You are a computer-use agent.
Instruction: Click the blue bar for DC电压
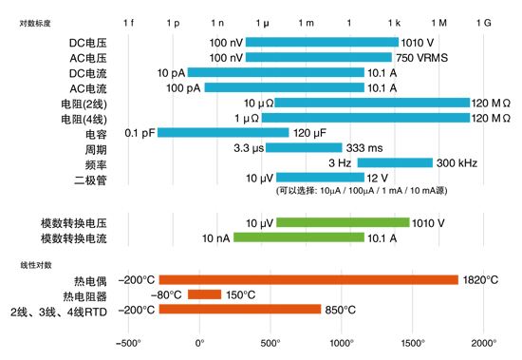coord(322,42)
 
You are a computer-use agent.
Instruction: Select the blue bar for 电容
coord(224,132)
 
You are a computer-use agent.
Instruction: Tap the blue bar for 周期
coord(304,147)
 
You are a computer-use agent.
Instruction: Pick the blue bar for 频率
coord(395,162)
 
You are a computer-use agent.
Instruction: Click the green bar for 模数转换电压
coord(343,222)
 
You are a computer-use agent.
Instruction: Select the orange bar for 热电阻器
coord(204,294)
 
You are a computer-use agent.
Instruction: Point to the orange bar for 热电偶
coord(308,279)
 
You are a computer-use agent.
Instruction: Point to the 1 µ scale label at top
coord(262,21)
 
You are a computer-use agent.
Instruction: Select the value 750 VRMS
coord(422,57)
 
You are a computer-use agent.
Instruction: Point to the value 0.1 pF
coord(140,132)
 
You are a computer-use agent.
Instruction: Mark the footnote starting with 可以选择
coord(363,191)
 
